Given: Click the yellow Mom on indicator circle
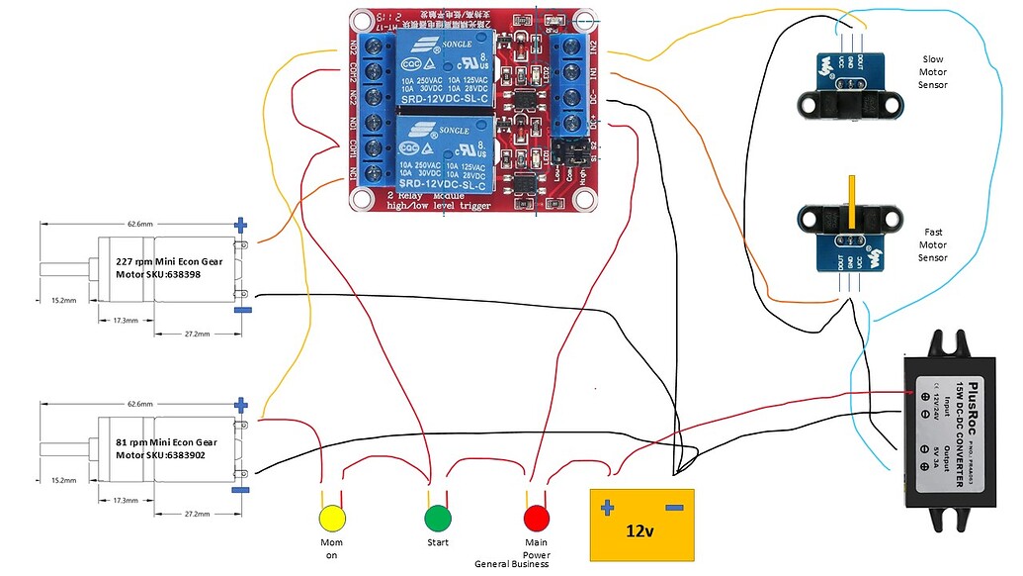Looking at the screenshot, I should [x=332, y=519].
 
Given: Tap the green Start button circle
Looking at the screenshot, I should [x=437, y=519].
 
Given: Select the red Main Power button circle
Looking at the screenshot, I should [x=537, y=519].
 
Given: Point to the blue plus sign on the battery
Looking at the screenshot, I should [x=607, y=508].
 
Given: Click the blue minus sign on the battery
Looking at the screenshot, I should [x=674, y=508].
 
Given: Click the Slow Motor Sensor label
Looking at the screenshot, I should [x=933, y=72].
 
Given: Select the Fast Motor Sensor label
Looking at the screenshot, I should [x=933, y=244].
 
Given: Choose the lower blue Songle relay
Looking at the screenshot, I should [x=442, y=150].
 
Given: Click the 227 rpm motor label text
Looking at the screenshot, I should [x=158, y=267].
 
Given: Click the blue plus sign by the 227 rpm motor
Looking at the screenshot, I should [x=241, y=225].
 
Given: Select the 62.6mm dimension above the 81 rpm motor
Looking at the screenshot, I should [x=138, y=404].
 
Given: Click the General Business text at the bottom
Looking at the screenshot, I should [x=511, y=564].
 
